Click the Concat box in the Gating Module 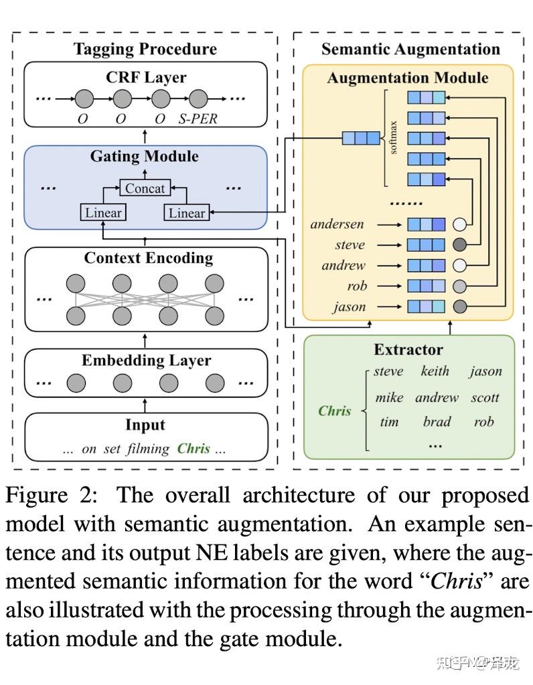pos(145,188)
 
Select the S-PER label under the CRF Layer pos(198,120)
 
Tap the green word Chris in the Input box pos(194,448)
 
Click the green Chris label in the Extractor pos(334,411)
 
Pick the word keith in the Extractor pos(435,371)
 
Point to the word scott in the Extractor pos(485,397)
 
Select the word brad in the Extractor pos(437,422)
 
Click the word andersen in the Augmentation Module pos(337,224)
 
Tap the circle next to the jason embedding pos(459,307)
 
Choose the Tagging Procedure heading pos(145,49)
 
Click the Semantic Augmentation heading pos(410,49)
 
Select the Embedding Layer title pos(146,361)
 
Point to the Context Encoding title pos(148,258)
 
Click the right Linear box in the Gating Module pos(186,213)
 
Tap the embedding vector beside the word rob pos(426,286)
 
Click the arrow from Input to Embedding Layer pos(145,405)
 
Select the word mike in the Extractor pos(389,397)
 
